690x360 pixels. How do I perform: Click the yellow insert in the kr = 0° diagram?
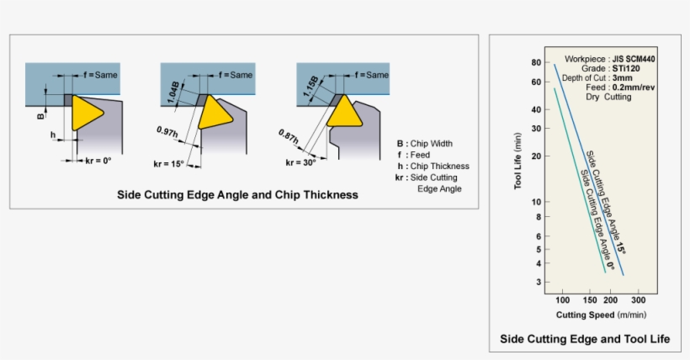[84, 112]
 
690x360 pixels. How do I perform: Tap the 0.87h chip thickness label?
[290, 135]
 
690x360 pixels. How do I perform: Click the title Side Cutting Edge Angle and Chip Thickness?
[237, 194]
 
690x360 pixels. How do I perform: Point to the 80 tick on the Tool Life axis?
[535, 63]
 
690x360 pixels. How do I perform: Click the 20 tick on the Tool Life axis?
[535, 156]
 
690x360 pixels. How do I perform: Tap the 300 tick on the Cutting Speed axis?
[638, 300]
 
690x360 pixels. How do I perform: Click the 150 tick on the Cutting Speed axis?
[589, 300]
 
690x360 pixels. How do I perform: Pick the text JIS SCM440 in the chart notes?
[634, 59]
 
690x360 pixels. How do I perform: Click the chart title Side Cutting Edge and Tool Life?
[585, 339]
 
